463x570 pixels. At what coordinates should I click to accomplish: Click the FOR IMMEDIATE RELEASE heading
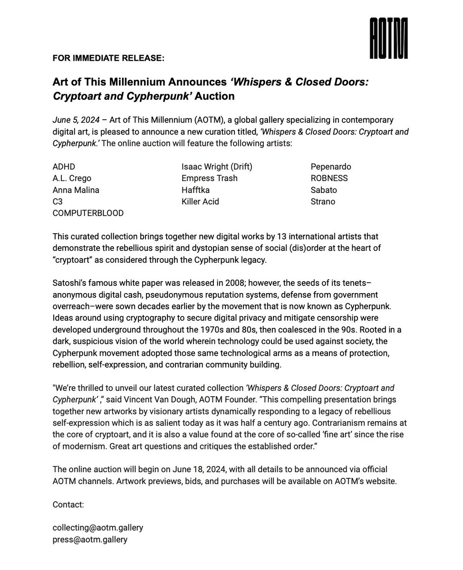tap(108, 58)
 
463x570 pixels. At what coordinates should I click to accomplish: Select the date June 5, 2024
tap(76, 120)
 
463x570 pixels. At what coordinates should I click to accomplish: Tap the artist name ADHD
tap(64, 167)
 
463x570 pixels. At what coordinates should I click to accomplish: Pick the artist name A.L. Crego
tap(72, 178)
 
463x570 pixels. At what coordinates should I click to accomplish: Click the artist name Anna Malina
tap(76, 190)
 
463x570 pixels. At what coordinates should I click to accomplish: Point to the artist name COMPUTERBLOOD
tap(88, 213)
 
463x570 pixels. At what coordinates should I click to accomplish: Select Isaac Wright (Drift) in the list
tap(217, 167)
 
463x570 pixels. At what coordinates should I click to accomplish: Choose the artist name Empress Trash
tap(209, 178)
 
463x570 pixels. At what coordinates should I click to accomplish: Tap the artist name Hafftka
tap(195, 190)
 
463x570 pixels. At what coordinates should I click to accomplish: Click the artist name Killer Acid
tap(200, 201)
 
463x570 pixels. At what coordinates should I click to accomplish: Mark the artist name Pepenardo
tap(331, 167)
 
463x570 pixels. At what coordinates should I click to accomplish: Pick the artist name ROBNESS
tap(329, 178)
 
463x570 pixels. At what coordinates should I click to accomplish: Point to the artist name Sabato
tap(323, 190)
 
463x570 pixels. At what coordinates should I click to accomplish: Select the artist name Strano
tap(323, 201)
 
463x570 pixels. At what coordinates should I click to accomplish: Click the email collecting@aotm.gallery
tap(97, 528)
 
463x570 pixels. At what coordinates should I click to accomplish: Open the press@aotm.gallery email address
tap(90, 540)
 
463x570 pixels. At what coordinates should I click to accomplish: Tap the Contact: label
tap(68, 504)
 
